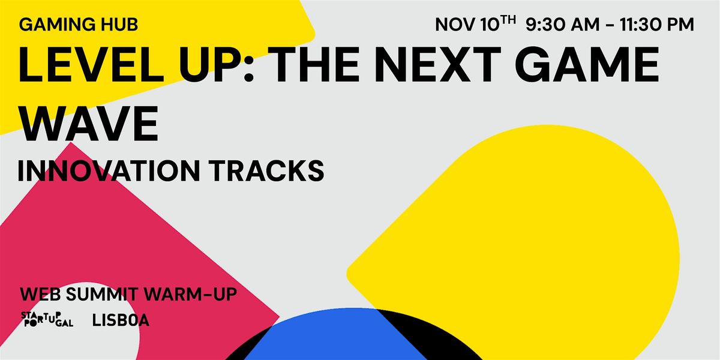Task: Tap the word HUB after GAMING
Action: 120,25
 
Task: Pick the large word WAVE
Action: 88,123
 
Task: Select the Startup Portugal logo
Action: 47,320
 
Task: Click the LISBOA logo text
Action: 121,320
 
